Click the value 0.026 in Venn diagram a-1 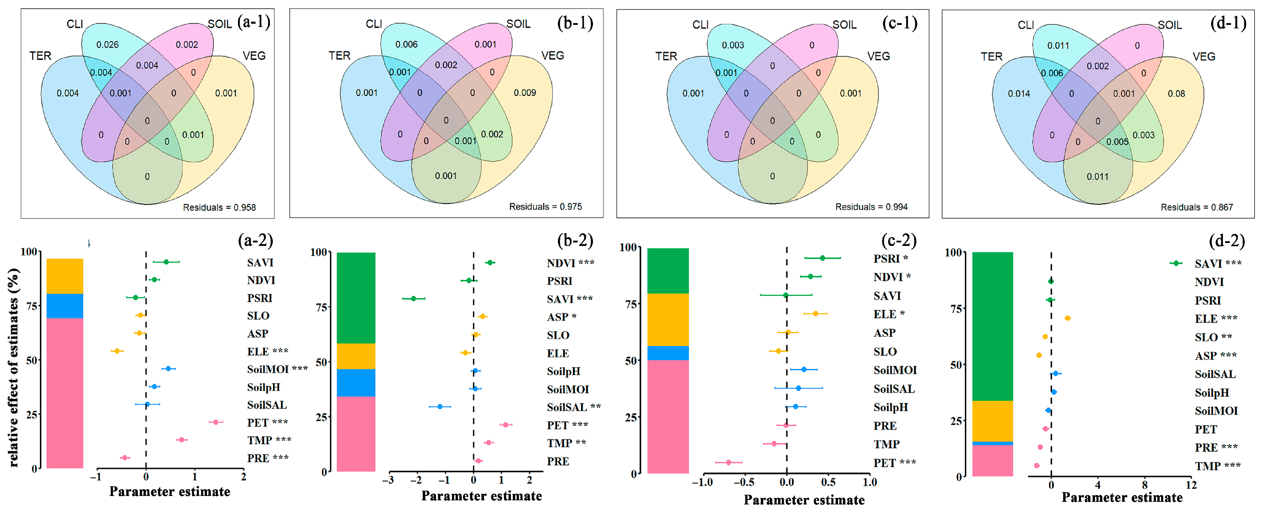tap(107, 45)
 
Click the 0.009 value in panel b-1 tap(525, 93)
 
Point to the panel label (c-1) tap(899, 23)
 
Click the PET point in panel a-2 tap(215, 422)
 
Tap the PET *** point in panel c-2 tap(728, 462)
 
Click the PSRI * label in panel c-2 tap(891, 259)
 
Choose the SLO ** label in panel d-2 tap(1213, 337)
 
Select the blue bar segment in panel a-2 tap(65, 306)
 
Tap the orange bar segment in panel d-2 tap(992, 421)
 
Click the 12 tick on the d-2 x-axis tap(1191, 485)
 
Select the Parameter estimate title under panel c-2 tap(804, 500)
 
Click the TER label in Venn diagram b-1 tap(339, 55)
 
